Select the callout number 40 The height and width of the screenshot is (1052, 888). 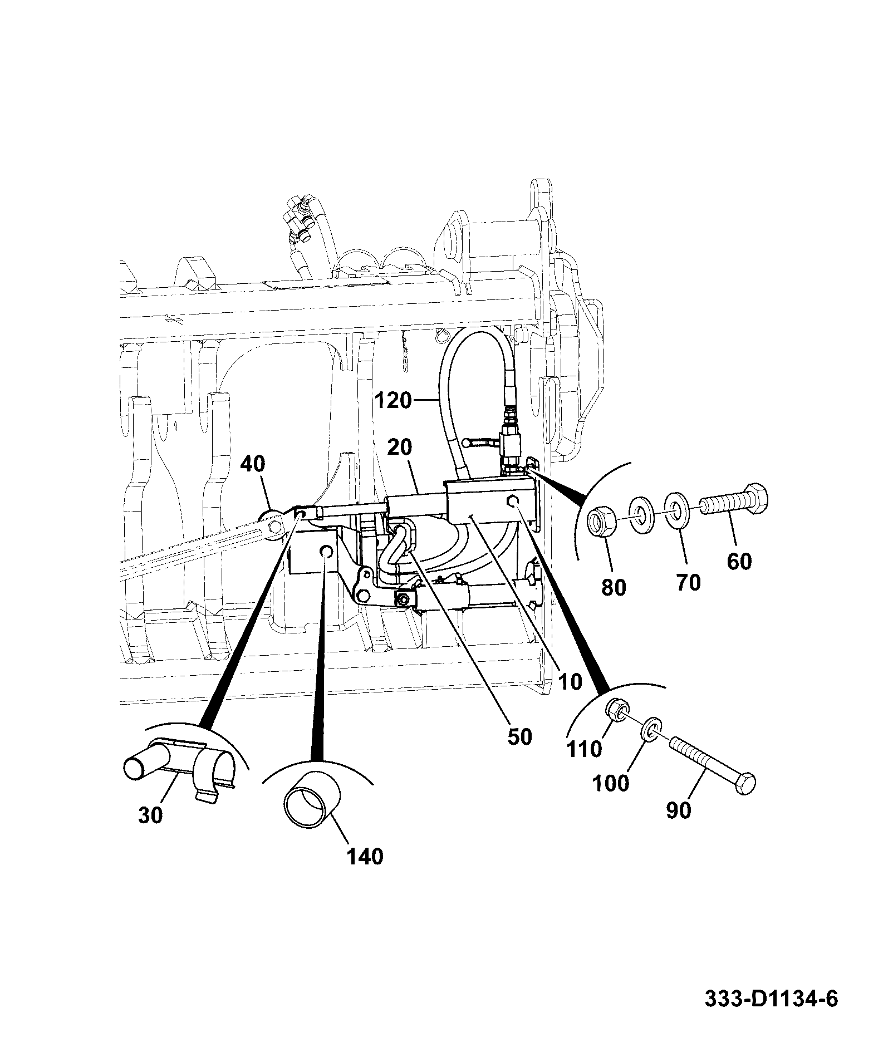pyautogui.click(x=253, y=464)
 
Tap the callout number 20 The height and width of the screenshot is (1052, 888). pyautogui.click(x=400, y=447)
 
